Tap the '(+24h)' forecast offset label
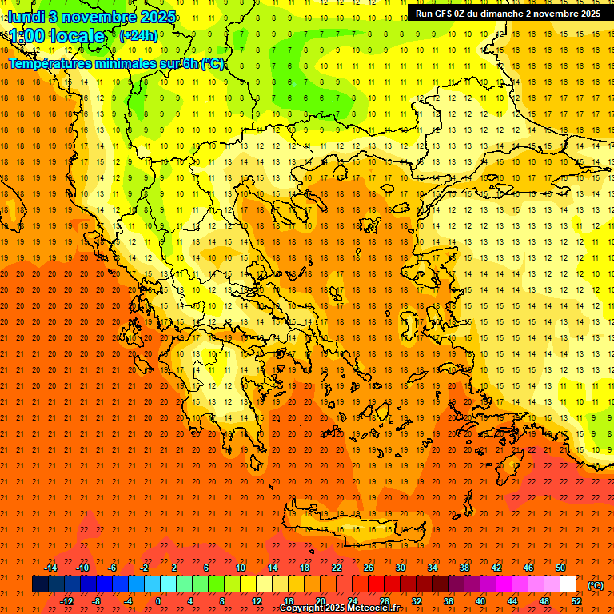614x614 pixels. point(138,36)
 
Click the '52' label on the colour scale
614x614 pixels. point(576,600)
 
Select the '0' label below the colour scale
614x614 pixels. point(159,600)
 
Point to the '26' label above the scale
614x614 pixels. point(369,568)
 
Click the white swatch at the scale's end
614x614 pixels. point(568,584)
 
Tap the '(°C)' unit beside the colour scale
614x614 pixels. point(596,585)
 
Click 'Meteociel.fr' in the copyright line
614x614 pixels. point(371,608)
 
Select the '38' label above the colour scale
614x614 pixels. point(464,568)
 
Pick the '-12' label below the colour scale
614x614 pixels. point(66,600)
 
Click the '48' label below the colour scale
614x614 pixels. point(544,600)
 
